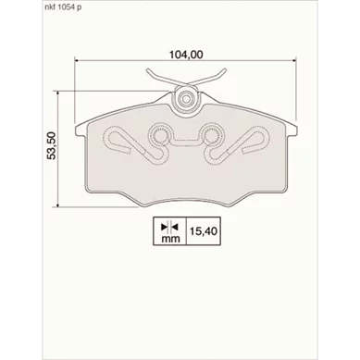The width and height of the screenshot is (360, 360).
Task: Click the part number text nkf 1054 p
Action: [61, 8]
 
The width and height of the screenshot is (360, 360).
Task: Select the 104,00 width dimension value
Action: [186, 55]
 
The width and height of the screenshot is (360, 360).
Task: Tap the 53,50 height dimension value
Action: [51, 145]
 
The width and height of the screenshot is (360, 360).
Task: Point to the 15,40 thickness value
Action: [204, 231]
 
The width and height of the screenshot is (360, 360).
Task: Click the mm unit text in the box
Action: [170, 239]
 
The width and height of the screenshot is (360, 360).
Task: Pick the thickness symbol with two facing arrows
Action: [170, 228]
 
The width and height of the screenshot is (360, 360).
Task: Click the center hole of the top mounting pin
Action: [186, 99]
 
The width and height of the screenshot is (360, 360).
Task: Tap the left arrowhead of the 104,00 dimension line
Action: [78, 60]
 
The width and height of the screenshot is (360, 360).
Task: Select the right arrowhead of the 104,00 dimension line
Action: [293, 60]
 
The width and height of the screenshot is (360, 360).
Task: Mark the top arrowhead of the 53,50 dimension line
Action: [57, 93]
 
